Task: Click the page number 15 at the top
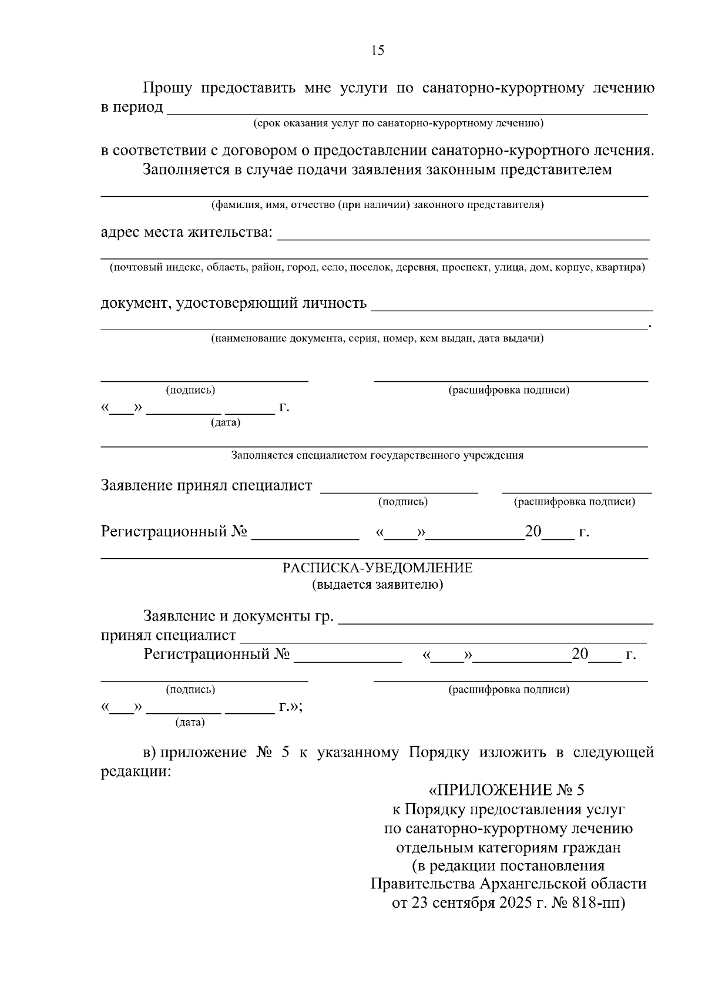coord(378,51)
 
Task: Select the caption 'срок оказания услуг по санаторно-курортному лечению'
coord(398,123)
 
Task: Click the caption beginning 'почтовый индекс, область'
coord(377,268)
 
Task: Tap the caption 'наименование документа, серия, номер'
coord(377,338)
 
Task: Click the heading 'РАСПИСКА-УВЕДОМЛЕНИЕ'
coord(377,568)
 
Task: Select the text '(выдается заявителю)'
coord(377,585)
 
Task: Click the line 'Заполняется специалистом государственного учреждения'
coord(377,455)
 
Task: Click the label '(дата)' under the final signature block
coord(190,723)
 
